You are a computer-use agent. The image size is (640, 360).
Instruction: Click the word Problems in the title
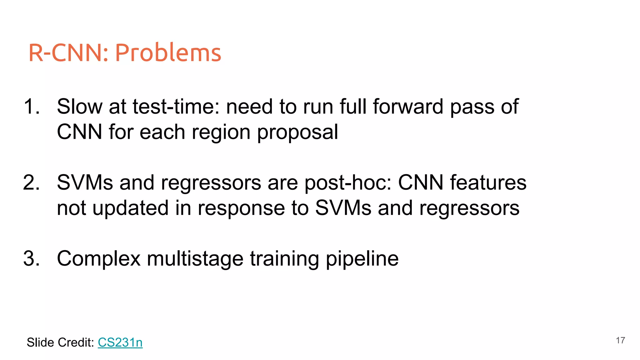tap(168, 52)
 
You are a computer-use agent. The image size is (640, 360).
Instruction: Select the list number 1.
tap(32, 107)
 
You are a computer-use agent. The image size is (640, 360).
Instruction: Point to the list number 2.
tap(32, 182)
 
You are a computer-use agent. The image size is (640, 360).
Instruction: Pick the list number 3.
tap(32, 259)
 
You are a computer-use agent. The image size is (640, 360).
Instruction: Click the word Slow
tap(79, 107)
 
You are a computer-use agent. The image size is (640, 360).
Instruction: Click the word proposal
tap(297, 132)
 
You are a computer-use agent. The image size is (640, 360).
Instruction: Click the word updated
tap(130, 208)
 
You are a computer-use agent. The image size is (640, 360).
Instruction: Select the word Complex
tap(99, 259)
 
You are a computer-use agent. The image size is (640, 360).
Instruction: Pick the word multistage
tap(195, 259)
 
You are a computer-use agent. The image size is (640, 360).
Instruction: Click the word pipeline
tap(362, 259)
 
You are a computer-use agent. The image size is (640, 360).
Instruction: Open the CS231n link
tap(120, 342)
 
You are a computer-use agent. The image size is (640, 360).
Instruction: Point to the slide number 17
tap(620, 340)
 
